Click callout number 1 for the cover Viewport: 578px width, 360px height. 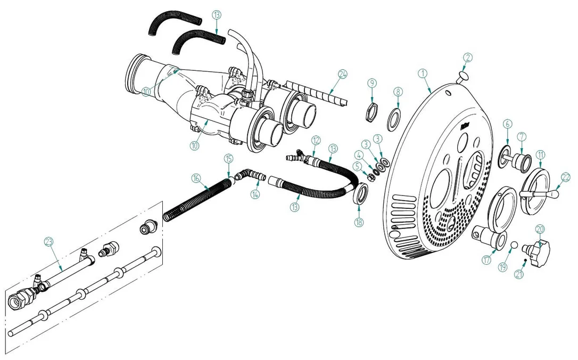[x=423, y=73]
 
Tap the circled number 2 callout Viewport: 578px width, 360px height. [x=468, y=57]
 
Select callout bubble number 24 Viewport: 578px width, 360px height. [x=342, y=74]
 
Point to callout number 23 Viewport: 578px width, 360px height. [x=48, y=242]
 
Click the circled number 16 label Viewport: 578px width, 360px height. [x=196, y=178]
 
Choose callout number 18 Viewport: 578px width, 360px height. [x=359, y=222]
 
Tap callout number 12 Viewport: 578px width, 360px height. [x=316, y=140]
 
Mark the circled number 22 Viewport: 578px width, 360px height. [x=565, y=177]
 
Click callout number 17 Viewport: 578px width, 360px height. [x=486, y=260]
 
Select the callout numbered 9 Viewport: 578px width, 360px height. [x=372, y=83]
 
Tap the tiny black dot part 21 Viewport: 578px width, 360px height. [x=525, y=261]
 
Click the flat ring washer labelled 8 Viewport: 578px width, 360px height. [x=394, y=119]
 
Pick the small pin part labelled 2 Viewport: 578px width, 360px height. [x=461, y=77]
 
